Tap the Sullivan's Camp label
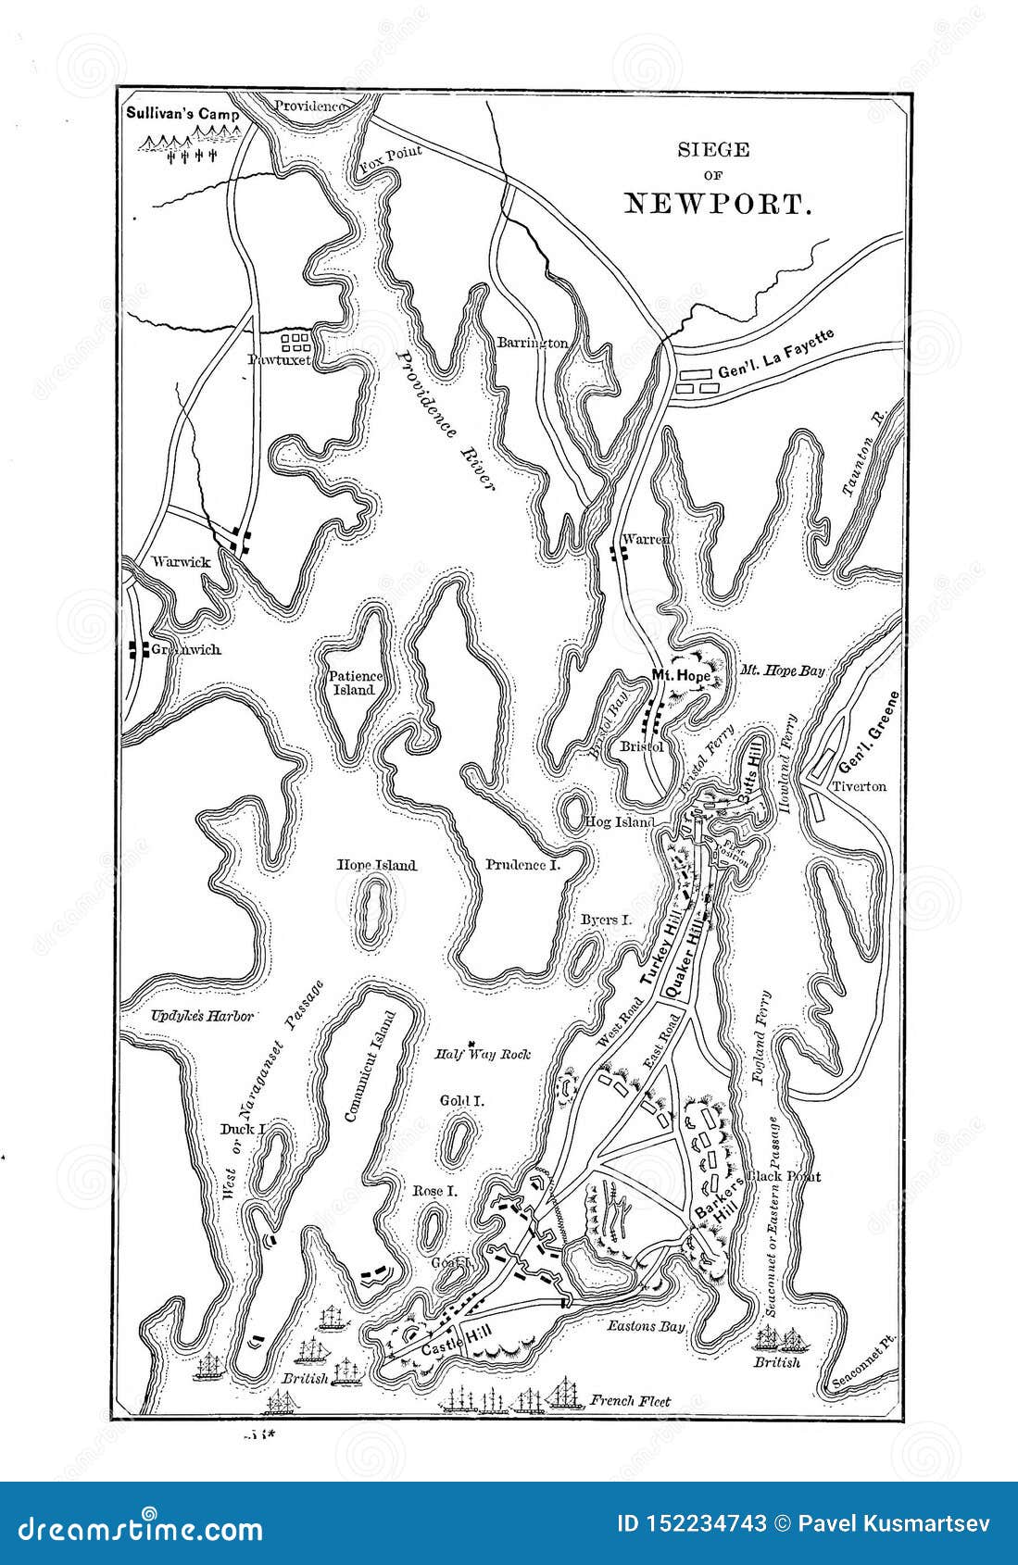click(182, 115)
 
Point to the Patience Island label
click(354, 682)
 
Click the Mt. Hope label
click(681, 676)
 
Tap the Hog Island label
click(620, 821)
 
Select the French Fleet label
click(629, 1401)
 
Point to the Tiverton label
click(859, 786)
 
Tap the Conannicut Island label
click(369, 1067)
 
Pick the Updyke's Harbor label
click(202, 1016)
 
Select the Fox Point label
click(390, 158)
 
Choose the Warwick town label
click(181, 562)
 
